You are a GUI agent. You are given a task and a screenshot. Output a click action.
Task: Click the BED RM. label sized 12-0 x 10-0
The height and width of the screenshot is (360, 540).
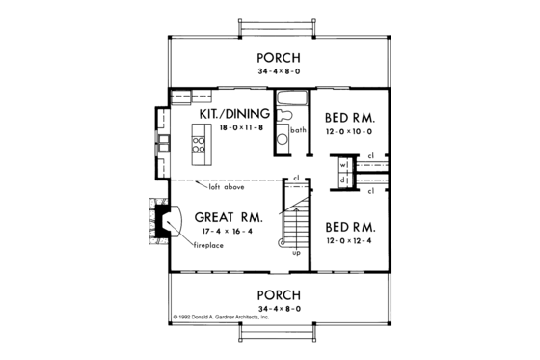[348, 114]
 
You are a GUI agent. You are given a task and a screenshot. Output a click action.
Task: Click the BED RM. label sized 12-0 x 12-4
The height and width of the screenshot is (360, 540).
[348, 226]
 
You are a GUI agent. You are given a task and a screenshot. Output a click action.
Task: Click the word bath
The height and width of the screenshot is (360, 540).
[298, 128]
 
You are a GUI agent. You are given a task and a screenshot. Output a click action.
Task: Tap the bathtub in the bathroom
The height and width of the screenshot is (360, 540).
[291, 98]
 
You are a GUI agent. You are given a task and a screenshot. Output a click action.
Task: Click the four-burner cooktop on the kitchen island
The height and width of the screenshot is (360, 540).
[199, 145]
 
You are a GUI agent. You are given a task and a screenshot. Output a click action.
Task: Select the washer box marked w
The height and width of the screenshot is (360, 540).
[342, 164]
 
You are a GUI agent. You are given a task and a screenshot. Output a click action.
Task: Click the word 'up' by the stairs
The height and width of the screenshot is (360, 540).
[296, 252]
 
